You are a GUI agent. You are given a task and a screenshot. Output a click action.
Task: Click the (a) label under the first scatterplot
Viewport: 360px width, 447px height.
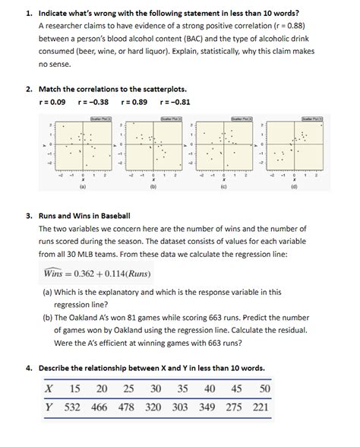pos(82,185)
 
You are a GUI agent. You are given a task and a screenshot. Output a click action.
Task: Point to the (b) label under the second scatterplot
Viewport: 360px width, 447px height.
pos(153,185)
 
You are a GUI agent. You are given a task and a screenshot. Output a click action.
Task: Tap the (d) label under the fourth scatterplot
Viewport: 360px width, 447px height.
pos(294,185)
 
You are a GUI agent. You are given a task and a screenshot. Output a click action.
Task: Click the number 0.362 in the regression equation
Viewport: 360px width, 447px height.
pos(87,274)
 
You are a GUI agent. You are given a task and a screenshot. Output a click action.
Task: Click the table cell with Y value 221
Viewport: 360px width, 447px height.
pos(261,407)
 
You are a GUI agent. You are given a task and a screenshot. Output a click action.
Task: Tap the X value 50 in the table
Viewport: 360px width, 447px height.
pos(264,389)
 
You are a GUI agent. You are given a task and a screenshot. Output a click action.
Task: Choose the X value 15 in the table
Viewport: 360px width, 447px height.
pos(74,389)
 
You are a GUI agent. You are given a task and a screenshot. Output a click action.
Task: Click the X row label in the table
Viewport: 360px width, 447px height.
pos(49,389)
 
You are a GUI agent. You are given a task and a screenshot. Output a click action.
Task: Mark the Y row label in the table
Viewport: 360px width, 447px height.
pos(49,407)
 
